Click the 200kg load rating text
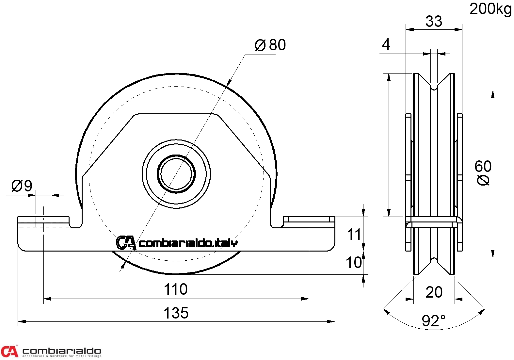point(490,9)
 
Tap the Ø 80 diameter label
point(270,45)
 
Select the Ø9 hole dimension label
point(22,186)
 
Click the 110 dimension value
point(176,289)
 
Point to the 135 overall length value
point(176,313)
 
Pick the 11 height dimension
point(354,235)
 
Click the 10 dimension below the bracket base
point(354,262)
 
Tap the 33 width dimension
point(434,21)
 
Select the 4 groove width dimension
point(386,44)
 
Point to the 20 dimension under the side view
point(434,292)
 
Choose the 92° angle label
point(433,320)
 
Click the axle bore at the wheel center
point(176,173)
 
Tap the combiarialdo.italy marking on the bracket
point(177,243)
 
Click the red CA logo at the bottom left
point(9,351)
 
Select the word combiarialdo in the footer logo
point(62,351)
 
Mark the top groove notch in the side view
point(434,87)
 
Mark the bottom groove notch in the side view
point(434,260)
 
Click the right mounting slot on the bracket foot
point(309,219)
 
